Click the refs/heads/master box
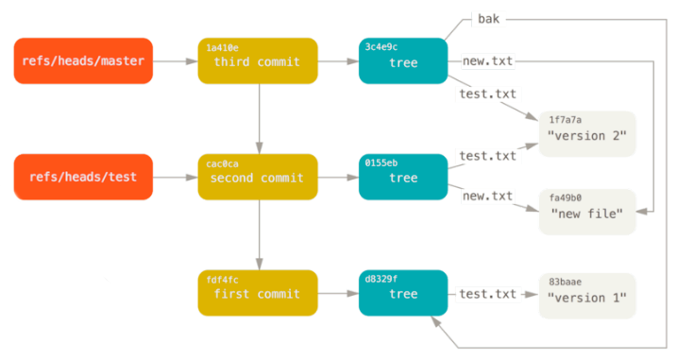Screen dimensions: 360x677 pos(83,60)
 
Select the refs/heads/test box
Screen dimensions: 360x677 pos(83,178)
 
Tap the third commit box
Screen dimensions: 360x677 pos(258,60)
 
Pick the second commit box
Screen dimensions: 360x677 pos(258,178)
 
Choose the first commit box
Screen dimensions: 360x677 pos(258,294)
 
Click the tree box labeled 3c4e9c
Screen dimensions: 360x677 pos(403,60)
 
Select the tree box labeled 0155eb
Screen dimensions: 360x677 pos(403,178)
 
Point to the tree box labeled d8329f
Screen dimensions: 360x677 pos(403,294)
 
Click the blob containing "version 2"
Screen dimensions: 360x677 pos(586,133)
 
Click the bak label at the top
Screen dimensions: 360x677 pos(488,19)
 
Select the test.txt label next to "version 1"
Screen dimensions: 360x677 pos(487,294)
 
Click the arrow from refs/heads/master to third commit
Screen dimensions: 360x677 pos(175,60)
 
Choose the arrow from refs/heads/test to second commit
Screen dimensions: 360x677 pos(175,178)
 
